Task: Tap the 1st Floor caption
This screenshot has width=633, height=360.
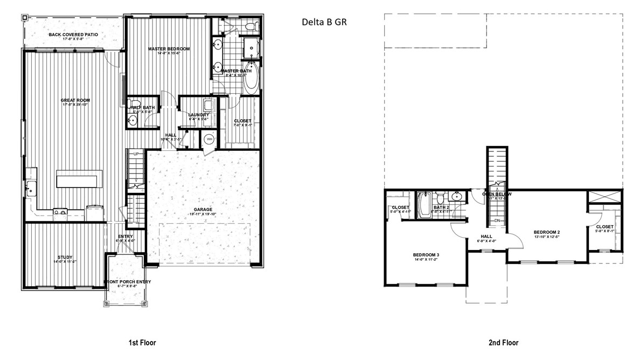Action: [142, 342]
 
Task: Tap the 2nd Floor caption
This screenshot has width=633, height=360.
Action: [504, 342]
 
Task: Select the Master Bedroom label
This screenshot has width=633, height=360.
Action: [169, 49]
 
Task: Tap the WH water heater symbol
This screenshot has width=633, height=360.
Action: [209, 139]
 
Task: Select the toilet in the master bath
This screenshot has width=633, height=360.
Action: [250, 25]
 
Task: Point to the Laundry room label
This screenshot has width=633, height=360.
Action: [194, 115]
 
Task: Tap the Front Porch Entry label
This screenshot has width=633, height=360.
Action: [127, 281]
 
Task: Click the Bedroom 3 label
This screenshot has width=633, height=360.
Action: [426, 255]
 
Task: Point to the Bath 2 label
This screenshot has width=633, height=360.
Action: [441, 207]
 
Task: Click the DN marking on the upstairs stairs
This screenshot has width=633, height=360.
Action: [497, 221]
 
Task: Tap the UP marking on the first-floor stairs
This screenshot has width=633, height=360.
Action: [136, 154]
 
